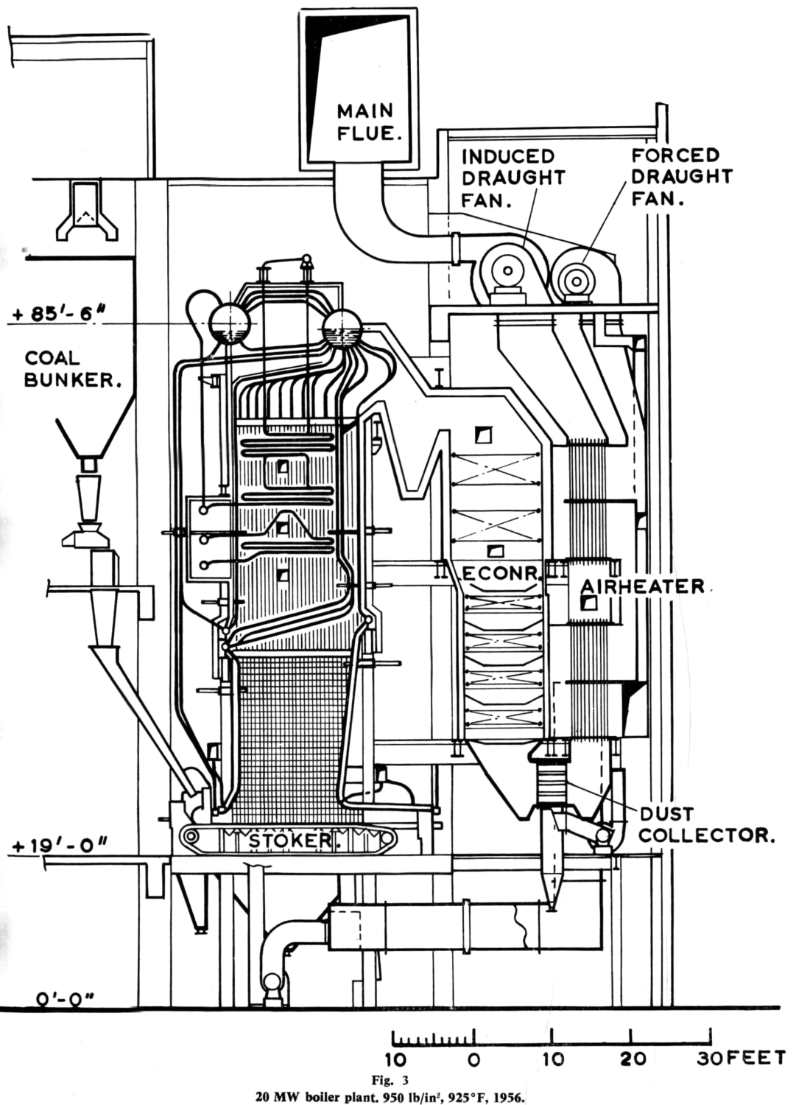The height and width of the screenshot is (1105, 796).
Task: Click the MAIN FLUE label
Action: point(365,122)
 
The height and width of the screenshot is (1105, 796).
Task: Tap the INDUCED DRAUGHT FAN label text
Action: point(513,178)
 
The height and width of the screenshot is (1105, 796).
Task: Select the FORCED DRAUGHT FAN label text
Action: point(682,177)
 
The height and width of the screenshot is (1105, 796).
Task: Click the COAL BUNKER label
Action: point(72,369)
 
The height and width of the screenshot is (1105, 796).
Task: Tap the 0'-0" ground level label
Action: point(63,999)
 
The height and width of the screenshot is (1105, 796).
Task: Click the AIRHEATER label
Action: point(642,586)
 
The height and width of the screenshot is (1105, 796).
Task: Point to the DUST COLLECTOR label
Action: point(705,824)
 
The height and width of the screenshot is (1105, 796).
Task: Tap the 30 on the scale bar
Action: point(711,1059)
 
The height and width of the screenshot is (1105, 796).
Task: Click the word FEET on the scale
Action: point(756,1058)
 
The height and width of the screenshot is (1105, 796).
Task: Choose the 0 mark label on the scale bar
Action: point(474,1060)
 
